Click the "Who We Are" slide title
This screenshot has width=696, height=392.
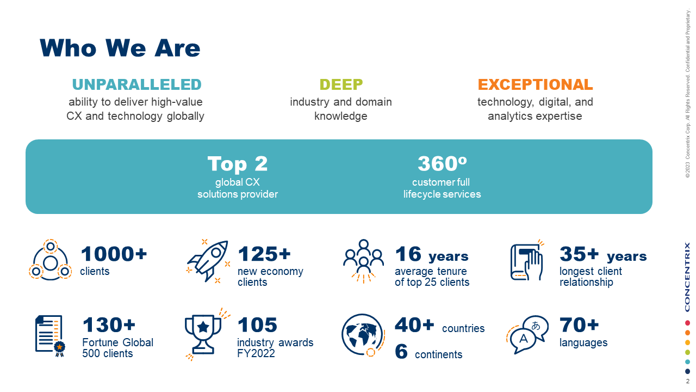pyautogui.click(x=120, y=48)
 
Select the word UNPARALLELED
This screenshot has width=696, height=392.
pyautogui.click(x=136, y=85)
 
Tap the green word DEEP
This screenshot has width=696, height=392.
pyautogui.click(x=341, y=85)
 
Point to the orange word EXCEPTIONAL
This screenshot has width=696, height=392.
pyautogui.click(x=535, y=85)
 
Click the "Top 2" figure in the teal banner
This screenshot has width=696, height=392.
pyautogui.click(x=238, y=164)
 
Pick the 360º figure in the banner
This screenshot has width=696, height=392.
pyautogui.click(x=442, y=164)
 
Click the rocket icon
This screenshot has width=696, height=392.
pyautogui.click(x=207, y=260)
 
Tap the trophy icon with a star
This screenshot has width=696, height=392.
pyautogui.click(x=203, y=333)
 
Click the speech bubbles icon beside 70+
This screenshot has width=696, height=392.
pyautogui.click(x=528, y=334)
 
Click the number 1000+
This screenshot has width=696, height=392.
pyautogui.click(x=114, y=254)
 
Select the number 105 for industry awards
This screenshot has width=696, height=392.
pyautogui.click(x=257, y=326)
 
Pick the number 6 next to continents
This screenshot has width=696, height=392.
pyautogui.click(x=401, y=352)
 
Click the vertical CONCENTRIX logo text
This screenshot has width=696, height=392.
pyautogui.click(x=687, y=277)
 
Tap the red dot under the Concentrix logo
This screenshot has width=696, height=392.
pyautogui.click(x=687, y=323)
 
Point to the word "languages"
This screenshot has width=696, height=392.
pyautogui.click(x=583, y=343)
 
